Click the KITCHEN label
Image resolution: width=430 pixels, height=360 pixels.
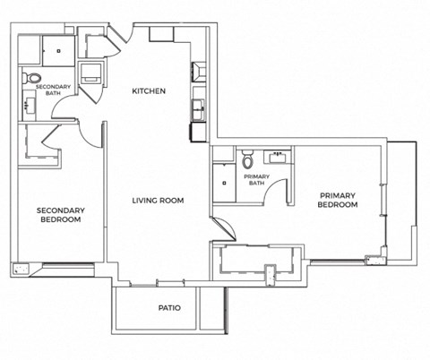(x=148, y=91)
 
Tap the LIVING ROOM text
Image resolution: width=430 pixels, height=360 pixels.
(x=159, y=201)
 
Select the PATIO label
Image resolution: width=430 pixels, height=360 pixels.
(x=169, y=308)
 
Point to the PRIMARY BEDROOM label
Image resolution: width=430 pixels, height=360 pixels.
(x=338, y=200)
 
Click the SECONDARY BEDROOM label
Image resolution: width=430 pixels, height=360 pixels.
(x=59, y=215)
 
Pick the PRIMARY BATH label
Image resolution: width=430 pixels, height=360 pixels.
(x=257, y=180)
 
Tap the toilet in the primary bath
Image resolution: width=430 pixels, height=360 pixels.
(x=249, y=160)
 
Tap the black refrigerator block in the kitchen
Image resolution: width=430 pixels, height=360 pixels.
(x=197, y=133)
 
